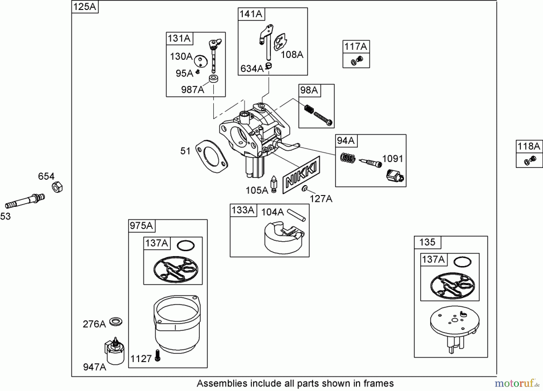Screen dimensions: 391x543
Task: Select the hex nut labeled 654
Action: (57, 187)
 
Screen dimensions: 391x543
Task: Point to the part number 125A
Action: (85, 7)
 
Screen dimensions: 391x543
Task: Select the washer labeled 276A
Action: (116, 322)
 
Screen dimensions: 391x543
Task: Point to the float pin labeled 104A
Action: (297, 215)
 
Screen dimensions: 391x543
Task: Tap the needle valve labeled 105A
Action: (274, 184)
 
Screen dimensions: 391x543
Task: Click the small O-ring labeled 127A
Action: (305, 189)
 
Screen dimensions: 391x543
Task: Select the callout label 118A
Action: (529, 147)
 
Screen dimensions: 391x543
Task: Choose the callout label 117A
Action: (356, 46)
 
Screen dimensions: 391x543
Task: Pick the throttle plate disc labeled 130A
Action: (201, 61)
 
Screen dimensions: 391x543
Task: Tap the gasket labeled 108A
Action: (280, 42)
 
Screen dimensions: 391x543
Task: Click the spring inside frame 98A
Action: (309, 109)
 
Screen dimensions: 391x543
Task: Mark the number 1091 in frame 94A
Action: (392, 159)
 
